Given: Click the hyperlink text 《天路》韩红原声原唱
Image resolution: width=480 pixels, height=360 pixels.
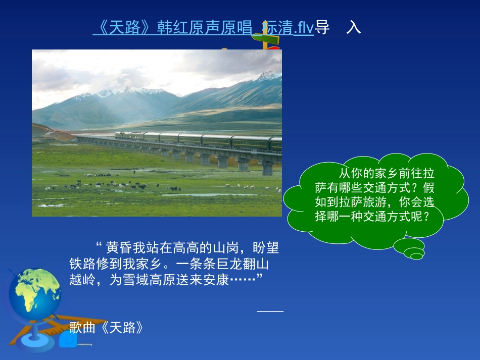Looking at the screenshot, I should pos(172,28).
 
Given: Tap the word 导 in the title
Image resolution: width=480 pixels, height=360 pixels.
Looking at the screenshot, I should pos(322,28).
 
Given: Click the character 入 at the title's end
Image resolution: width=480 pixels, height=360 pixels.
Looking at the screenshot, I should pos(354,28).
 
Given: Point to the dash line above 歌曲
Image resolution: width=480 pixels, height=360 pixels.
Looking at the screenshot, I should pos(270,311).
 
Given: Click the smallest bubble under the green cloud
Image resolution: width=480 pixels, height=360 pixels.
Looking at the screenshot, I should pos(417,256).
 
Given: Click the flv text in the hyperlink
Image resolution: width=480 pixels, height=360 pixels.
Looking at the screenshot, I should pos(304,28).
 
